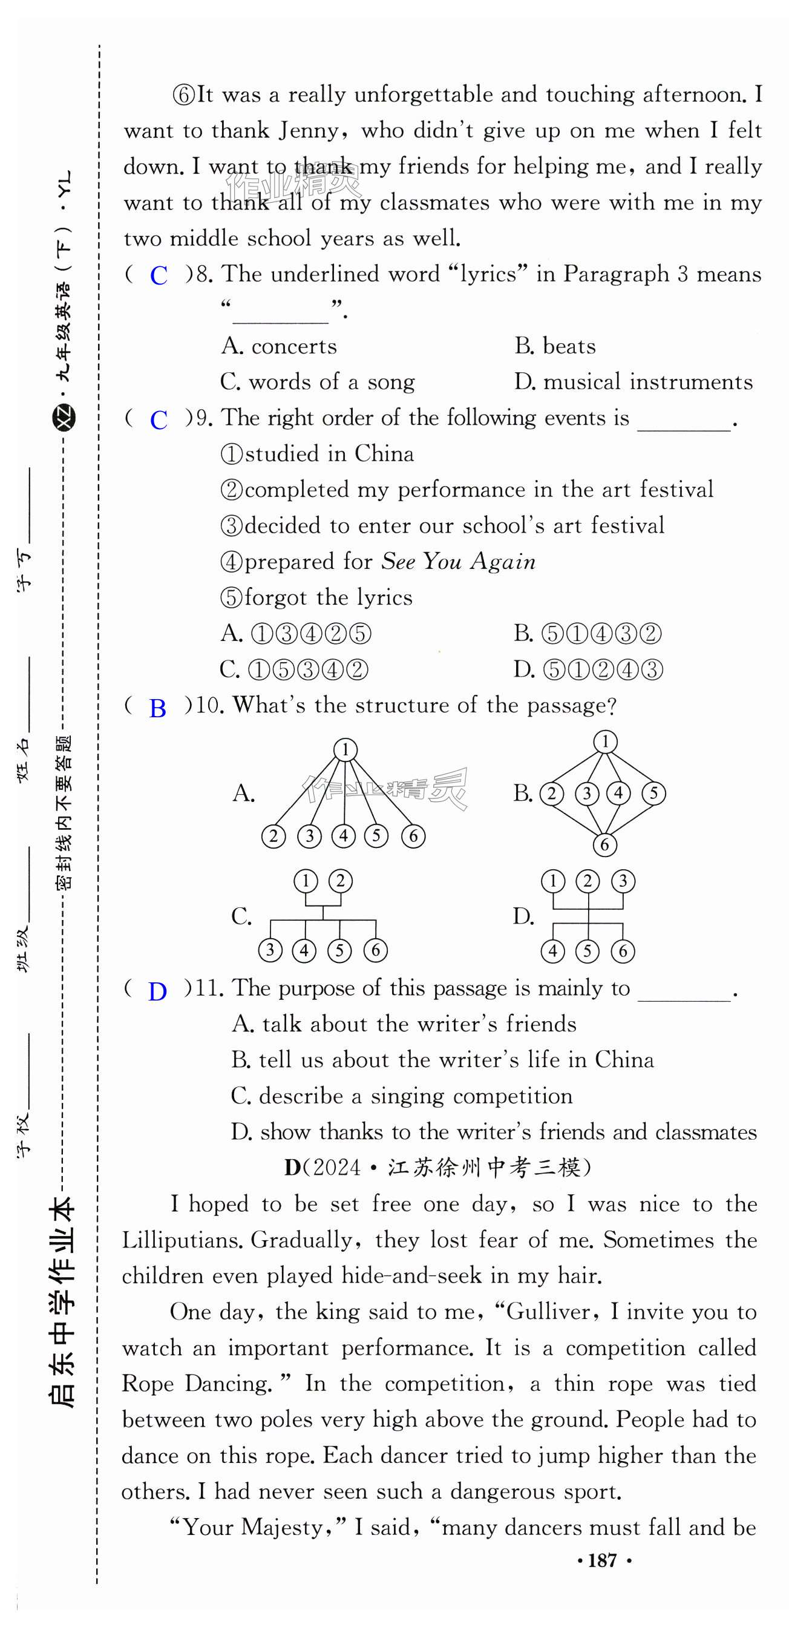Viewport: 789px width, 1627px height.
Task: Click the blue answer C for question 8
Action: point(159,275)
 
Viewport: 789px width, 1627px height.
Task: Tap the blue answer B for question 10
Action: point(157,709)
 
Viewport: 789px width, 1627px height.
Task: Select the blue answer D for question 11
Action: point(157,991)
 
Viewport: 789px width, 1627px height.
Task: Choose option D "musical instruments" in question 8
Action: point(633,382)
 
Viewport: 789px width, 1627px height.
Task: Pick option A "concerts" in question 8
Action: point(279,346)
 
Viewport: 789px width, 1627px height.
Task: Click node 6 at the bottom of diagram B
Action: point(604,844)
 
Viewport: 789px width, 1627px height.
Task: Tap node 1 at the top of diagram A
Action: point(345,750)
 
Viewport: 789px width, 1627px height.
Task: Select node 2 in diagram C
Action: point(340,881)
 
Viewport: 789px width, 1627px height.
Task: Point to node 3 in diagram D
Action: point(623,881)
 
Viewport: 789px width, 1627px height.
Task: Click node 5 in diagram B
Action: point(653,793)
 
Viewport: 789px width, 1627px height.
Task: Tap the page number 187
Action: point(602,1560)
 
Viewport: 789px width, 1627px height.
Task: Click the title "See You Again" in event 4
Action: point(458,562)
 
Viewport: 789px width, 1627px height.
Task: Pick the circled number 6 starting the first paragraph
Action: point(185,96)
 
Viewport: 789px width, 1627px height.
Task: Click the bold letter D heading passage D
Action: point(292,1167)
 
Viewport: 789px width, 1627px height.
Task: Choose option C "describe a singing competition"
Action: point(402,1096)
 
